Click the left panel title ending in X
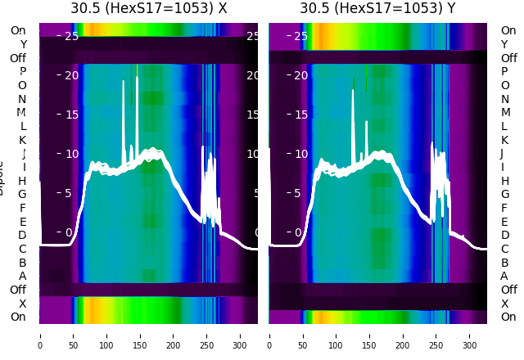pos(148,9)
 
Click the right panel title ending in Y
pos(377,9)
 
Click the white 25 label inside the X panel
pos(71,36)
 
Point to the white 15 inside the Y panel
pos(300,115)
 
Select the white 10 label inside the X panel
pos(71,154)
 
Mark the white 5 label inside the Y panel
pos(300,193)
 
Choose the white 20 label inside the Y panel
pos(300,75)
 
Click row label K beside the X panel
pos(23,140)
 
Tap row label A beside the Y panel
pos(504,276)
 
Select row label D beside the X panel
pos(23,235)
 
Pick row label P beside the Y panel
pos(504,72)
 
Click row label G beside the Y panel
pos(504,194)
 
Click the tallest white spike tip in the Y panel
pos(353,90)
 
